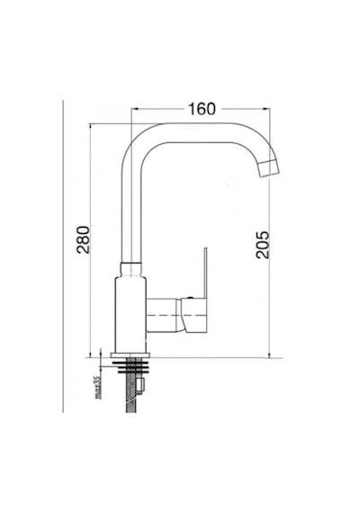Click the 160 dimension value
202,109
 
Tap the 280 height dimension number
83,239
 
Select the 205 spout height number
263,245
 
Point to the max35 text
97,387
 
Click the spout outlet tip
270,169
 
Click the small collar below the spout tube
131,269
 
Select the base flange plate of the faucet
130,355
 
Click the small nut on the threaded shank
140,386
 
